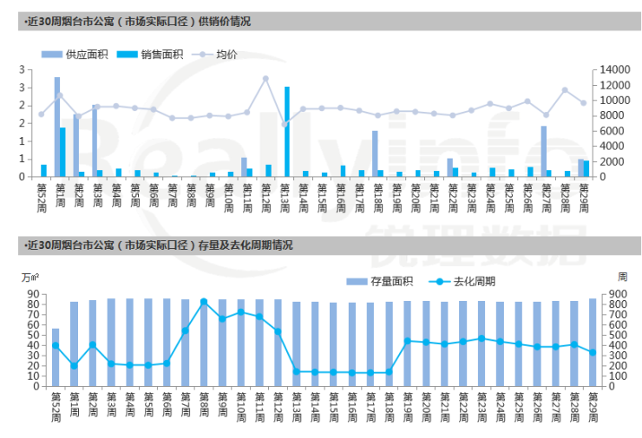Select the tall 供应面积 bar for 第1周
(x=57, y=127)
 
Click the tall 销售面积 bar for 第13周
(x=286, y=132)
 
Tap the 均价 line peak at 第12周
(x=265, y=78)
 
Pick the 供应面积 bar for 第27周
(x=543, y=151)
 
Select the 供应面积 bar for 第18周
(x=375, y=154)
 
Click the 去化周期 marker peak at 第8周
(x=204, y=302)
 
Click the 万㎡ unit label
(x=29, y=277)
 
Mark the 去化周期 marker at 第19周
(x=408, y=341)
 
